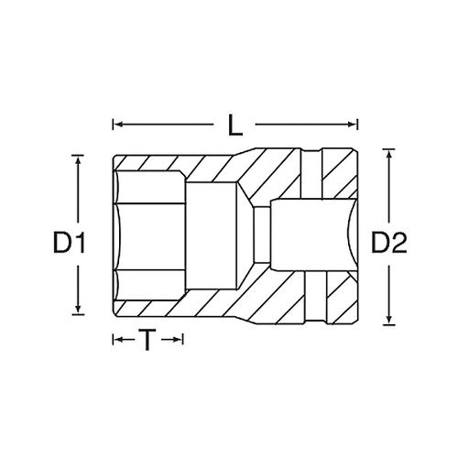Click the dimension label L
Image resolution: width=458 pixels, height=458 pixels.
[x=235, y=125]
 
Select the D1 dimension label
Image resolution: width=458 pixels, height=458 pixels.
[x=69, y=243]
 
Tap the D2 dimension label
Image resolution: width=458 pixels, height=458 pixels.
[x=388, y=243]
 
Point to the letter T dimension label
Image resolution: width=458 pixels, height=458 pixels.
[x=147, y=340]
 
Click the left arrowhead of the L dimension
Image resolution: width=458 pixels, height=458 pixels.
[x=117, y=125]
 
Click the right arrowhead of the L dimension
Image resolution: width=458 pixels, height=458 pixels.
[x=353, y=125]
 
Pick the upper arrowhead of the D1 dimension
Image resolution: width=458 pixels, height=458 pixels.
[x=78, y=160]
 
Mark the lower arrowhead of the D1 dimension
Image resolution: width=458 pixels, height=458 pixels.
[x=78, y=309]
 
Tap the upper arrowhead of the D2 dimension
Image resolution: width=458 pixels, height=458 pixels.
[x=388, y=154]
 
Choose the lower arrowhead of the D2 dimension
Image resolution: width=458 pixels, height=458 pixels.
[x=388, y=320]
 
